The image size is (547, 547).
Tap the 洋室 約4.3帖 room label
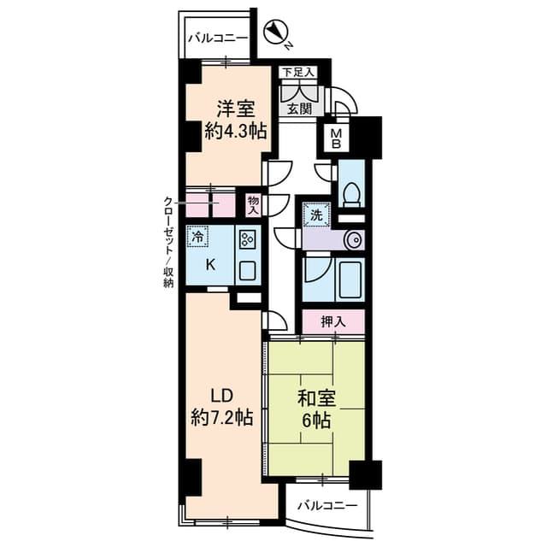pos(236,121)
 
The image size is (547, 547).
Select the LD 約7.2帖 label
pos(222,407)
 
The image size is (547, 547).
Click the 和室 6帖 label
pos(316,409)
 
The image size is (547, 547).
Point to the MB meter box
pos(335,138)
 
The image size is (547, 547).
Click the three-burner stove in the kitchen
pos(248,239)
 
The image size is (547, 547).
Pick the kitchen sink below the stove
pos(248,270)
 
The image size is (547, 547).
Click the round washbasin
pos(353,240)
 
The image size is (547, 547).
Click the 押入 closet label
pos(333,321)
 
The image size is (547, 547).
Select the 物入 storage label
pos(253,205)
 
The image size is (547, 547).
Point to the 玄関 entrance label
pos(299,109)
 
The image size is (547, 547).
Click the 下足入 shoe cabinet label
pos(298,73)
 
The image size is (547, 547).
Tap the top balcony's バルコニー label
pos(218,38)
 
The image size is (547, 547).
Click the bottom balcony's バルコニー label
pos(327,505)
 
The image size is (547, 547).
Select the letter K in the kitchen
pos(209,266)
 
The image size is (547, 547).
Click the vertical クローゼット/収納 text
pos(168,242)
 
